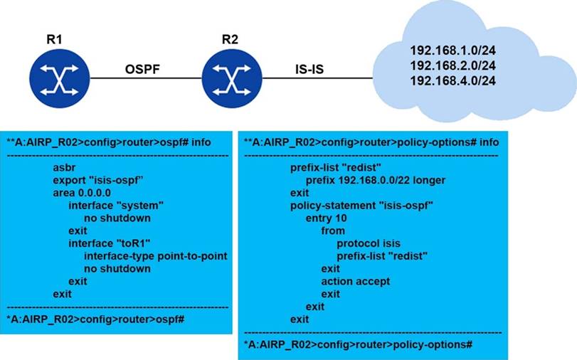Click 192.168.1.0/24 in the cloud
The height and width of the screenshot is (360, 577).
tap(452, 51)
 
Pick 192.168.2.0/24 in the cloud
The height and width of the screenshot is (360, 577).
tap(452, 66)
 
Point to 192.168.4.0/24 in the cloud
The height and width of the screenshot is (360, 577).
tap(452, 81)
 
